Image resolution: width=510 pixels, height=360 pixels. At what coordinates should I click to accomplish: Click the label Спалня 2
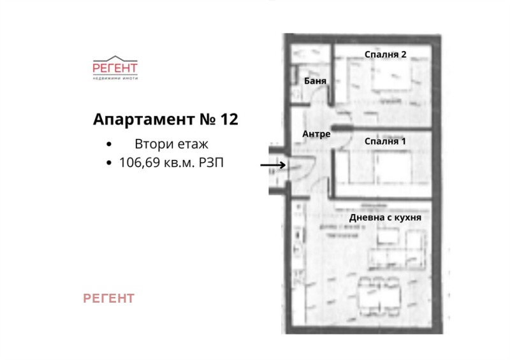click(386, 54)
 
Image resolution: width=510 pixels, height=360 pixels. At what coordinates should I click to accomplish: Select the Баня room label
click(316, 82)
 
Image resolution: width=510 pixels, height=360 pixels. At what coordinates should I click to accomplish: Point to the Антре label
click(316, 134)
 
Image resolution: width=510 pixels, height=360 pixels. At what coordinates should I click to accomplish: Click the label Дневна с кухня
click(385, 217)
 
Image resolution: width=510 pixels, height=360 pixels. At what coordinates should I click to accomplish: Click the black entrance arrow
click(273, 166)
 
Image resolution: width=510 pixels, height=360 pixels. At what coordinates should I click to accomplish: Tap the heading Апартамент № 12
click(165, 119)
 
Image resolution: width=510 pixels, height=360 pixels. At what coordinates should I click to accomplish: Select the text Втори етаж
click(171, 144)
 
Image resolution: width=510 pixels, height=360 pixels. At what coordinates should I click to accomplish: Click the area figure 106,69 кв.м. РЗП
click(171, 163)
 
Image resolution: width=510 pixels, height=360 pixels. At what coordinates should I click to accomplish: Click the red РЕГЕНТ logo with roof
click(115, 66)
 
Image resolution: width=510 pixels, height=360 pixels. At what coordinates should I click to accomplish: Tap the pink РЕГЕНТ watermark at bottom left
click(109, 298)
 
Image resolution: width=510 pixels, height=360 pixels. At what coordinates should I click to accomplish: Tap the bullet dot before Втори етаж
click(110, 145)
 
